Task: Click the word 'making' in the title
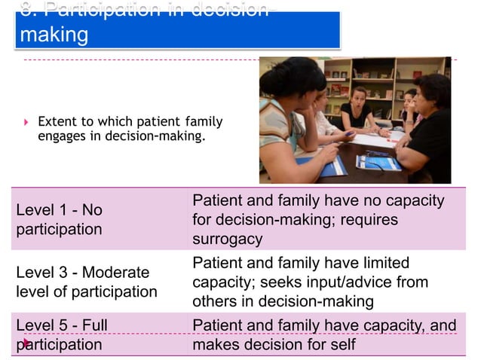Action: click(54, 35)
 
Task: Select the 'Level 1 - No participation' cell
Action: click(59, 219)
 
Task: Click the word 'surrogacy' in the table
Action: click(228, 239)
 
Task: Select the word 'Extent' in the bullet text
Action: click(56, 121)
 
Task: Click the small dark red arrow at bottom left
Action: click(25, 344)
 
